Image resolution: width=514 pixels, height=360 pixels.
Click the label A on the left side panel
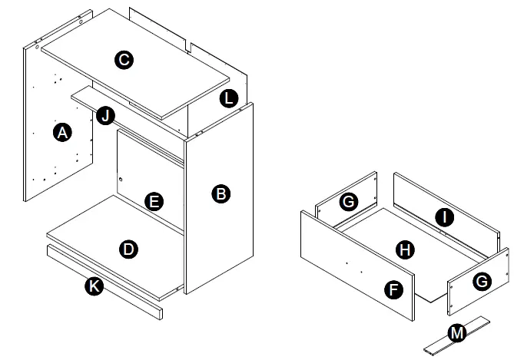(63, 133)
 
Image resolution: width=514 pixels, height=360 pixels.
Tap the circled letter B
(221, 194)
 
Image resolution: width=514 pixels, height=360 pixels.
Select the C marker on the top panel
(123, 60)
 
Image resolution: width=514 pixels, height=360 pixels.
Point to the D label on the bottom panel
(129, 249)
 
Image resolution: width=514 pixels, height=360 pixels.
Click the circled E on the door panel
(154, 202)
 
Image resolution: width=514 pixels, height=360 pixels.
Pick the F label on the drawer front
(394, 289)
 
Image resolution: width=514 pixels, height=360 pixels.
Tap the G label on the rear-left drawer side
(349, 202)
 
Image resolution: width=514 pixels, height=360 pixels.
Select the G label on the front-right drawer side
(482, 281)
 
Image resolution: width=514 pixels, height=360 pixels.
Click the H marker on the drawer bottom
(402, 249)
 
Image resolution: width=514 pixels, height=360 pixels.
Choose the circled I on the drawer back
(443, 217)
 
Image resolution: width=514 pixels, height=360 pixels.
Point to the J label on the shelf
(106, 117)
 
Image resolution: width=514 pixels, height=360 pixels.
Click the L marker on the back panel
(228, 97)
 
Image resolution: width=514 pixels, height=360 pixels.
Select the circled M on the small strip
(457, 332)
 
